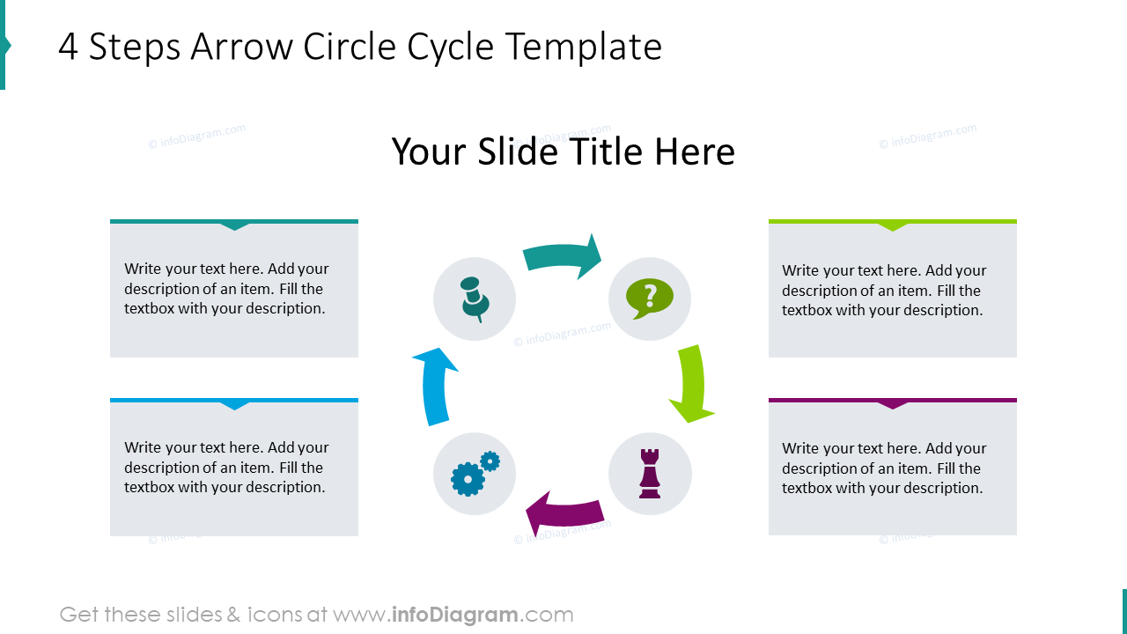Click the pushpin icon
pos(475,299)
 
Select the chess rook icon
pos(650,474)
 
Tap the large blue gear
pos(468,479)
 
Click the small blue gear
pos(490,461)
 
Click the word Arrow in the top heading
pos(241,47)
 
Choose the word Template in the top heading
pos(584,48)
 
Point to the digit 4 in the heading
pos(69,47)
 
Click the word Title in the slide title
pos(606,151)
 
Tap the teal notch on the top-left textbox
pos(234,226)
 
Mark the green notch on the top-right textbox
pos(893,226)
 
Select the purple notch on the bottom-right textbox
pos(893,405)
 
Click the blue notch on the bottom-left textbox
pos(234,405)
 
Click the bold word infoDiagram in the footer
pos(455,615)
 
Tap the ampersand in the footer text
pos(233,615)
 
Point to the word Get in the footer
pos(79,615)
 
